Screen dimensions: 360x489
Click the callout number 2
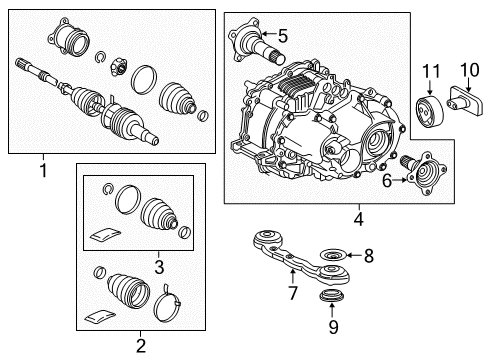click(139, 345)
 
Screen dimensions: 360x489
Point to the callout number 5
click(282, 36)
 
